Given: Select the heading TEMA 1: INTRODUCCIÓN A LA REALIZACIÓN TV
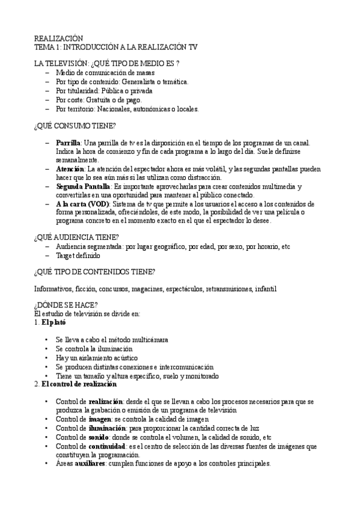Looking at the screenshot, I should [x=115, y=46].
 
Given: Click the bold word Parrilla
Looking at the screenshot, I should [x=67, y=143].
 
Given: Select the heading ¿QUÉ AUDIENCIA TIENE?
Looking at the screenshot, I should [x=76, y=237].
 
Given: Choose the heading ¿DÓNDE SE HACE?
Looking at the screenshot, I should [x=66, y=304].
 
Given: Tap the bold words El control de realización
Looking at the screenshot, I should [x=79, y=384].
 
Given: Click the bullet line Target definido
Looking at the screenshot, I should [x=79, y=255].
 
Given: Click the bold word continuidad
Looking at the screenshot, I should [x=107, y=447].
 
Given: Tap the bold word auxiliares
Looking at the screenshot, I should [x=90, y=464].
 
